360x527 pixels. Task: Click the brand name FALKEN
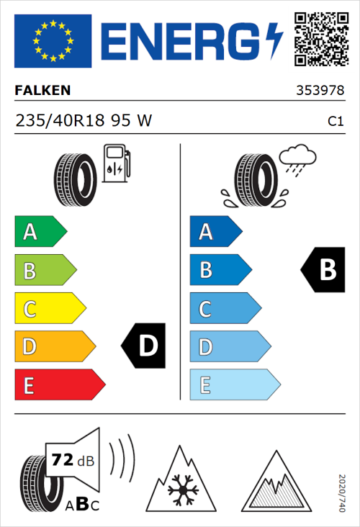click(42, 91)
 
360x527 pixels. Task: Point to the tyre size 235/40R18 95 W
click(84, 122)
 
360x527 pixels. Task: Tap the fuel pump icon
click(117, 163)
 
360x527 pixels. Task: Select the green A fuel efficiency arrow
click(40, 232)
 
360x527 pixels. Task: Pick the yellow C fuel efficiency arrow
click(49, 309)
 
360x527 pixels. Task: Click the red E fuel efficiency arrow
click(59, 385)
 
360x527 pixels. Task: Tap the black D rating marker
click(144, 346)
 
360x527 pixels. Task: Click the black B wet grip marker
click(323, 270)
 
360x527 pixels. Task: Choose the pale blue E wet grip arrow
click(234, 385)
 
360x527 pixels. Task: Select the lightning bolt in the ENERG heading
click(274, 42)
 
